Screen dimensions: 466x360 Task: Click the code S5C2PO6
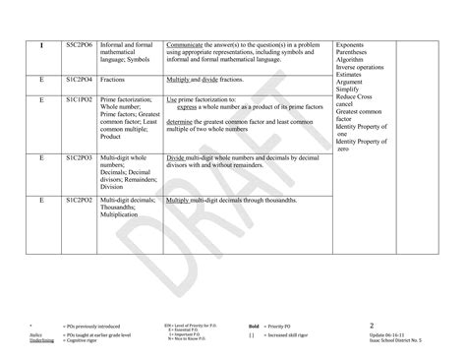pos(79,45)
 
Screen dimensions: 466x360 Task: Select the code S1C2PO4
pos(79,78)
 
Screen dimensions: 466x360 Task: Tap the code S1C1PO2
pos(79,99)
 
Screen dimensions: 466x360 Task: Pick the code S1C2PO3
pos(79,156)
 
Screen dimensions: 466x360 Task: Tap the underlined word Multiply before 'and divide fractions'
pos(179,78)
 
